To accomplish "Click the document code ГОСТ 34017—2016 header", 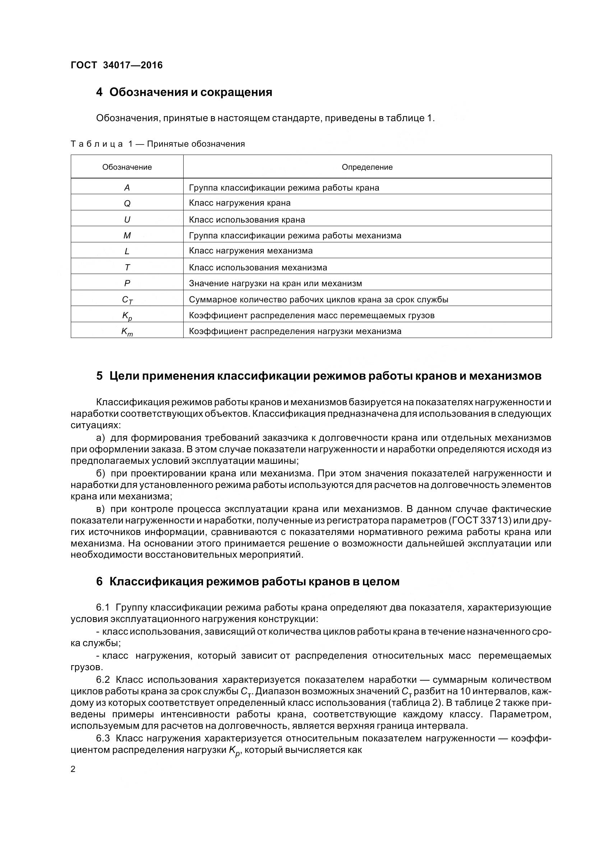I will point(116,65).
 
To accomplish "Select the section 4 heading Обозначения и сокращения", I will point(184,92).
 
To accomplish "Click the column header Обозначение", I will point(127,167).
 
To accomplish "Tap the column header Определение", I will point(367,167).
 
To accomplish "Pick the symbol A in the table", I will point(127,188).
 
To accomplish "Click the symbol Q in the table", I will point(127,203).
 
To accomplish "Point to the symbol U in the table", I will point(127,219).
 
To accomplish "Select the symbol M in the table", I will point(127,236).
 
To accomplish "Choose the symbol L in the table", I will point(127,251).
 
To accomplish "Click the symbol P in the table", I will point(127,283).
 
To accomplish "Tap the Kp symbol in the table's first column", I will point(127,316).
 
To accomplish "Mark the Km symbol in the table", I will point(127,332).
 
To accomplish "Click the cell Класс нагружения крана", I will point(240,203).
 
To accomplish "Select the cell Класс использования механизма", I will point(258,268).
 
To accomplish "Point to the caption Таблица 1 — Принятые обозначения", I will point(158,144).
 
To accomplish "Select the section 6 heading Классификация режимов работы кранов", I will point(248,581).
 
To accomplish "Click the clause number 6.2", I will point(103,680).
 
